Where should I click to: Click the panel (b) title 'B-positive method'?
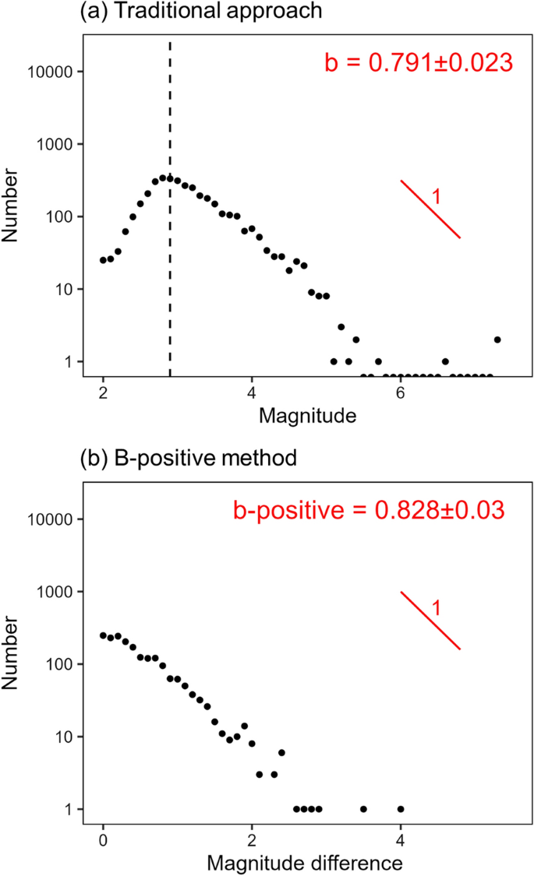coord(189,458)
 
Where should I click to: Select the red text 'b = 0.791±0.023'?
coord(418,62)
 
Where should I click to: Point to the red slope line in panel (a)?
coord(430,209)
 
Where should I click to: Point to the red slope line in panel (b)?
coord(430,620)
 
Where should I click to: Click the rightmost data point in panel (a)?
coord(497,339)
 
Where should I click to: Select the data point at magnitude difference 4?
coord(401,809)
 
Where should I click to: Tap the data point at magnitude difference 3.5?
coord(363,809)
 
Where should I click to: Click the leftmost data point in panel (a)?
coord(103,260)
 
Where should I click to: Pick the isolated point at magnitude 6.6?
coord(445,361)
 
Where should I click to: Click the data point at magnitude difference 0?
coord(103,635)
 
